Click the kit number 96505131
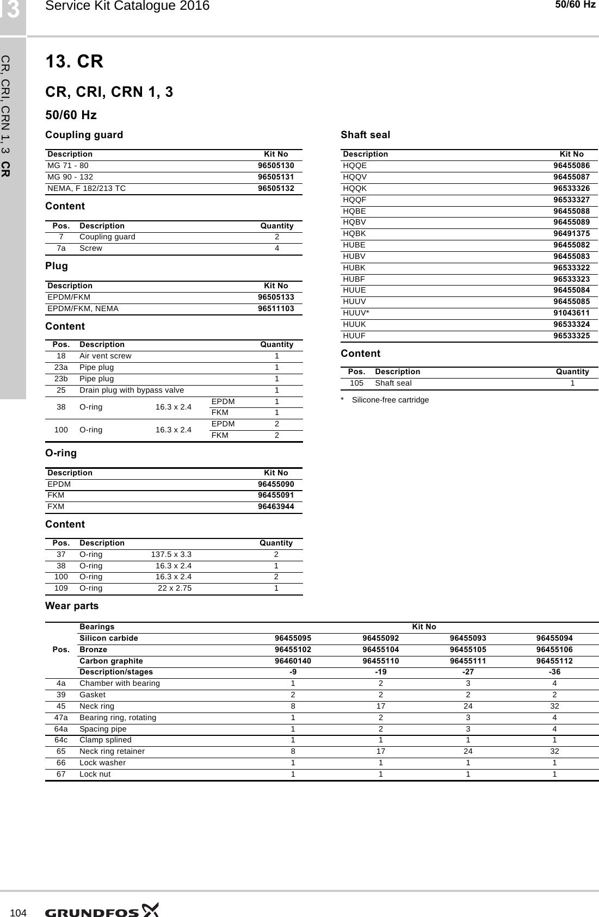[x=276, y=177]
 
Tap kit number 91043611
[x=571, y=313]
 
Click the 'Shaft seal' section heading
[x=365, y=134]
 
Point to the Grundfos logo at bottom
[x=102, y=910]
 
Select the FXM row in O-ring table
[x=55, y=506]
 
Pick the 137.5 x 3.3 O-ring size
[x=171, y=555]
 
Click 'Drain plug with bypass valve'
[x=132, y=391]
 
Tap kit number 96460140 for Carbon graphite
[x=293, y=661]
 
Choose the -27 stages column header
[x=467, y=672]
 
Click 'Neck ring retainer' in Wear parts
[x=112, y=751]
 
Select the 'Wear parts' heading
[x=72, y=606]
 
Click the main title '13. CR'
[x=74, y=62]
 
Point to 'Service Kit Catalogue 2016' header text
[x=127, y=7]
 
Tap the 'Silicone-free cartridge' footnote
[x=390, y=400]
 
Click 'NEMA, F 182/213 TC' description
[x=87, y=188]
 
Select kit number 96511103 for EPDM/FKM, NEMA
[x=276, y=308]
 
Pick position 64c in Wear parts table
[x=61, y=740]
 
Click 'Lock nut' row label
[x=95, y=774]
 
